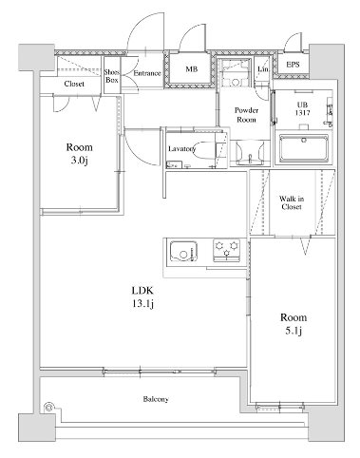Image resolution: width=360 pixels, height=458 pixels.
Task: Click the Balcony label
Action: pyautogui.click(x=156, y=399)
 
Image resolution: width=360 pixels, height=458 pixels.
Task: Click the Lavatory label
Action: pyautogui.click(x=181, y=149)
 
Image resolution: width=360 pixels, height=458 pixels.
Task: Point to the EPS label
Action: pyautogui.click(x=294, y=66)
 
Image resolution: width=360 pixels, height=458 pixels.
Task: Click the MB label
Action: pyautogui.click(x=191, y=69)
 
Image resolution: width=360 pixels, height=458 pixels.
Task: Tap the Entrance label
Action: pyautogui.click(x=146, y=72)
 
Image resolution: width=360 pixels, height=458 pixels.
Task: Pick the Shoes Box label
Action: pyautogui.click(x=111, y=77)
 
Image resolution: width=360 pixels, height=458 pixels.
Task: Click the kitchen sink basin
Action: pyautogui.click(x=182, y=253)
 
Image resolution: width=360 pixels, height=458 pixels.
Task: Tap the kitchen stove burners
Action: pyautogui.click(x=227, y=252)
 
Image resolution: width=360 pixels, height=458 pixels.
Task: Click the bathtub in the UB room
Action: pyautogui.click(x=304, y=149)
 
